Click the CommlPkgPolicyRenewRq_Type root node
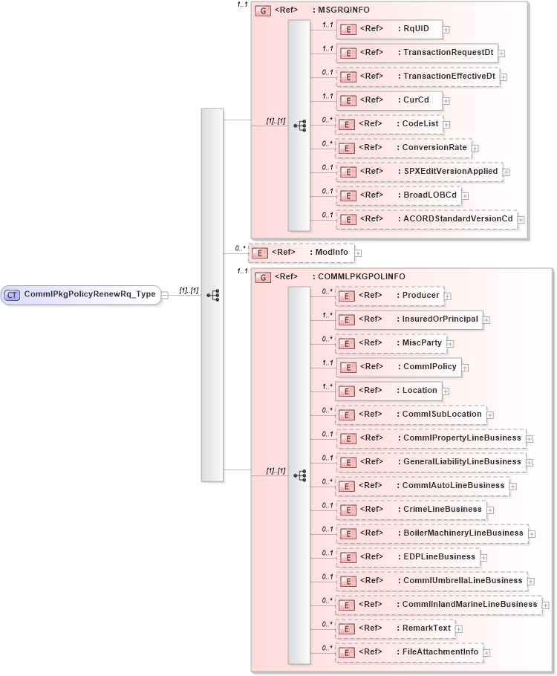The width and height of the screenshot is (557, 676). coord(82,294)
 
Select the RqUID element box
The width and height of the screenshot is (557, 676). coord(389,30)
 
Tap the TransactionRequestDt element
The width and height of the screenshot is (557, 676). coord(417,53)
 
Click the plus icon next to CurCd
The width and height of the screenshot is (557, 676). coord(446,100)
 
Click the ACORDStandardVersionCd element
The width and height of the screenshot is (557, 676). coord(426,218)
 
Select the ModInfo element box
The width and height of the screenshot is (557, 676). coord(300,253)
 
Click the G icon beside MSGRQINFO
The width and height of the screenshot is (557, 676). coord(262,11)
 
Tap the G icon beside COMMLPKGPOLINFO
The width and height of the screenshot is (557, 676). coord(262,277)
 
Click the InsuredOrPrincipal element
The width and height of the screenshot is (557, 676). coord(408,320)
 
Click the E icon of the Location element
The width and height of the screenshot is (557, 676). coord(348,391)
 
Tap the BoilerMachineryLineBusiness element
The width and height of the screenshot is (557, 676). coord(431,533)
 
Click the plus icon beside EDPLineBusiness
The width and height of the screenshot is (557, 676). coord(483,557)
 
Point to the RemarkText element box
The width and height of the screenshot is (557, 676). coord(394,628)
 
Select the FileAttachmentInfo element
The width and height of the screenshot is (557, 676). coord(408,652)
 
